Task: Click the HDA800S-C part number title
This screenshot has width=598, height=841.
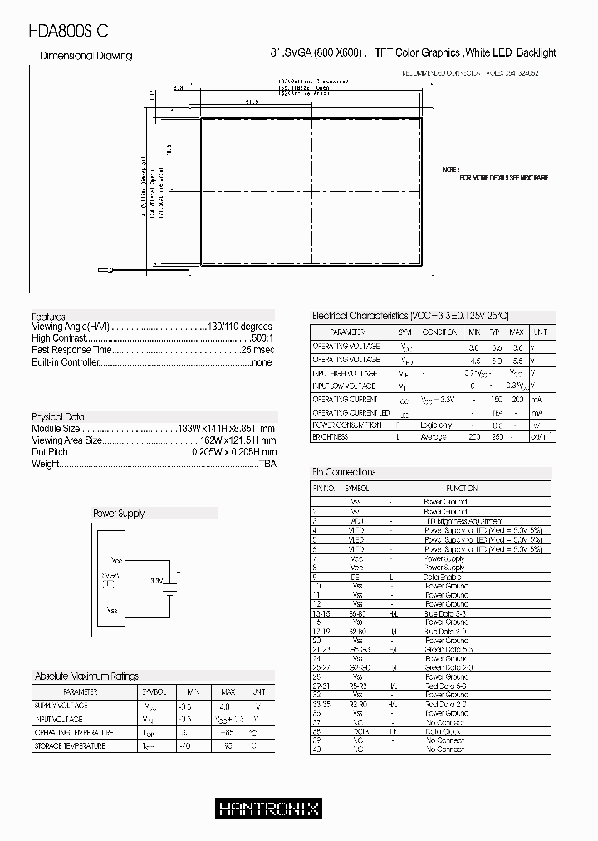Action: (68, 31)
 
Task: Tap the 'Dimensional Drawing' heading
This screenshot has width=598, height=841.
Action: (86, 56)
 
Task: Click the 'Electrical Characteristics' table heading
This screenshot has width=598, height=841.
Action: (409, 316)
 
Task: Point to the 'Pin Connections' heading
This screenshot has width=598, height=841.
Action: (343, 472)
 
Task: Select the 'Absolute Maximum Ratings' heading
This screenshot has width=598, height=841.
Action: (86, 676)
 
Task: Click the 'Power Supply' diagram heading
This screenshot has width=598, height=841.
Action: (118, 514)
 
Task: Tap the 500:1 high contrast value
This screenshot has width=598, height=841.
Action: (262, 339)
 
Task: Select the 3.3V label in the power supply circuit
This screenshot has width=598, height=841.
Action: (156, 581)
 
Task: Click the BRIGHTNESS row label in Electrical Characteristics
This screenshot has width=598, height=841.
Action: (330, 437)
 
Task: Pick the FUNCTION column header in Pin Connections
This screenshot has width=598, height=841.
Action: (461, 489)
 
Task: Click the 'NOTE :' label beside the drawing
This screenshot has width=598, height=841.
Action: (451, 169)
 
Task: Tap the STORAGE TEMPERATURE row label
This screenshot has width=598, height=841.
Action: (70, 746)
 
